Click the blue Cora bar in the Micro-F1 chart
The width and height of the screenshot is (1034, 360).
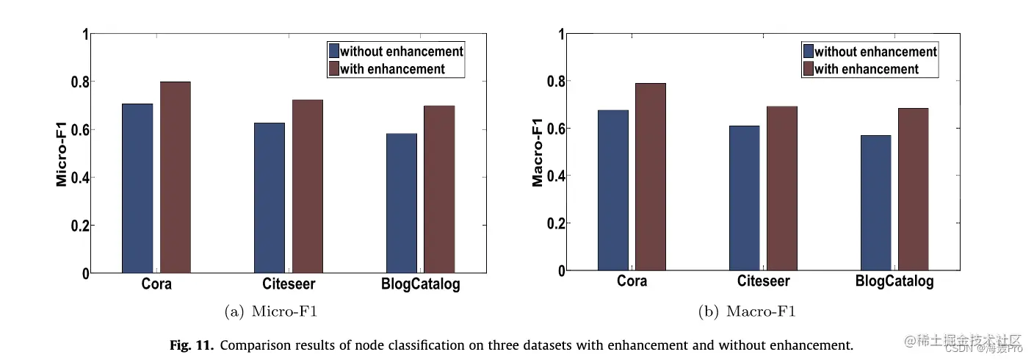(x=137, y=188)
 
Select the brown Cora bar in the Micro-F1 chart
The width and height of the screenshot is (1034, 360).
(x=176, y=177)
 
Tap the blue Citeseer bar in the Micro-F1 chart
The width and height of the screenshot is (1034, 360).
(x=269, y=198)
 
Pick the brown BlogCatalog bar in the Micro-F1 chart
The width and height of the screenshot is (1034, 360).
(x=439, y=189)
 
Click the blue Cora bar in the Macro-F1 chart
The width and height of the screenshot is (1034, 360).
(x=612, y=190)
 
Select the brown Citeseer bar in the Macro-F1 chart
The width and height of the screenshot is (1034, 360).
(x=782, y=188)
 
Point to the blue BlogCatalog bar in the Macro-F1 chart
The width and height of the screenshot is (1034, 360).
(x=875, y=203)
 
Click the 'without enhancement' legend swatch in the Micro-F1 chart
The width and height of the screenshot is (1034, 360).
(x=334, y=51)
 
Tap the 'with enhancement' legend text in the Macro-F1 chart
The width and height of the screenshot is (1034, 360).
(x=867, y=69)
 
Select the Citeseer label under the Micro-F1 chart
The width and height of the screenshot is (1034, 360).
(x=288, y=284)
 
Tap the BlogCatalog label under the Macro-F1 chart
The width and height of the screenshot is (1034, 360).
(x=894, y=281)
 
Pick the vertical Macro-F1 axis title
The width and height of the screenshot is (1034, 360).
(x=538, y=154)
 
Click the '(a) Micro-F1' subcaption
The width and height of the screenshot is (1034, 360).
(x=271, y=312)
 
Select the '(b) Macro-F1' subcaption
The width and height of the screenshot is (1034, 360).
(x=746, y=312)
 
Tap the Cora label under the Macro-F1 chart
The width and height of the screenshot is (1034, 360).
(x=632, y=281)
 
